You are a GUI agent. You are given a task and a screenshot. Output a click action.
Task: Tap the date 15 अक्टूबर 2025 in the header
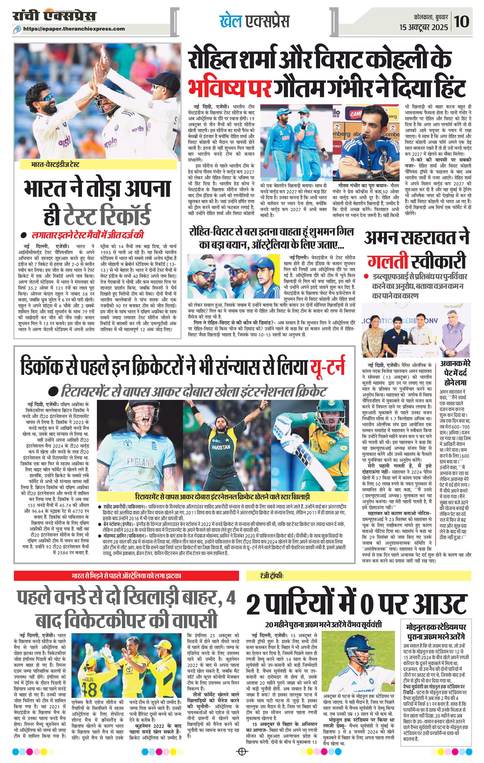click(424, 27)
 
